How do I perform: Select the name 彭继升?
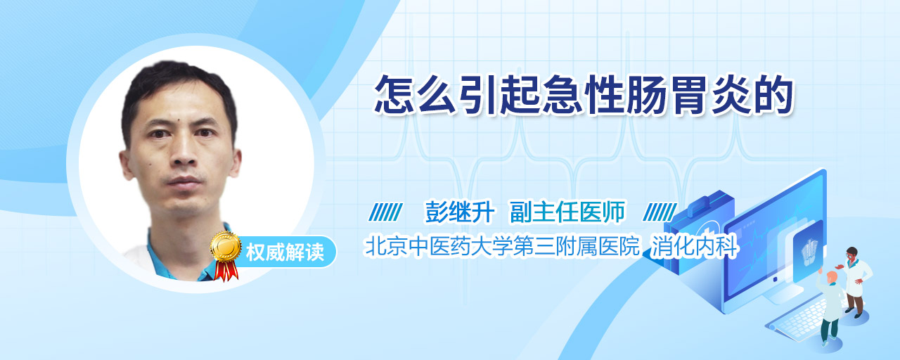459,212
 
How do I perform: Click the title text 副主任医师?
567,212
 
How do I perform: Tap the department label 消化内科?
694,246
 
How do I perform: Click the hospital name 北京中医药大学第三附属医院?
502,246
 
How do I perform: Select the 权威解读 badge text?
285,252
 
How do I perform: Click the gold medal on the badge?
226,246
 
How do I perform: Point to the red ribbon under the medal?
226,271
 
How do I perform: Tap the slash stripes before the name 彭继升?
385,212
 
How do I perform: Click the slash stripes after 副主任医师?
660,212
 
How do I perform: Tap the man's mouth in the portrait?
185,182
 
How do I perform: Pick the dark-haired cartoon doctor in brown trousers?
855,282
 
